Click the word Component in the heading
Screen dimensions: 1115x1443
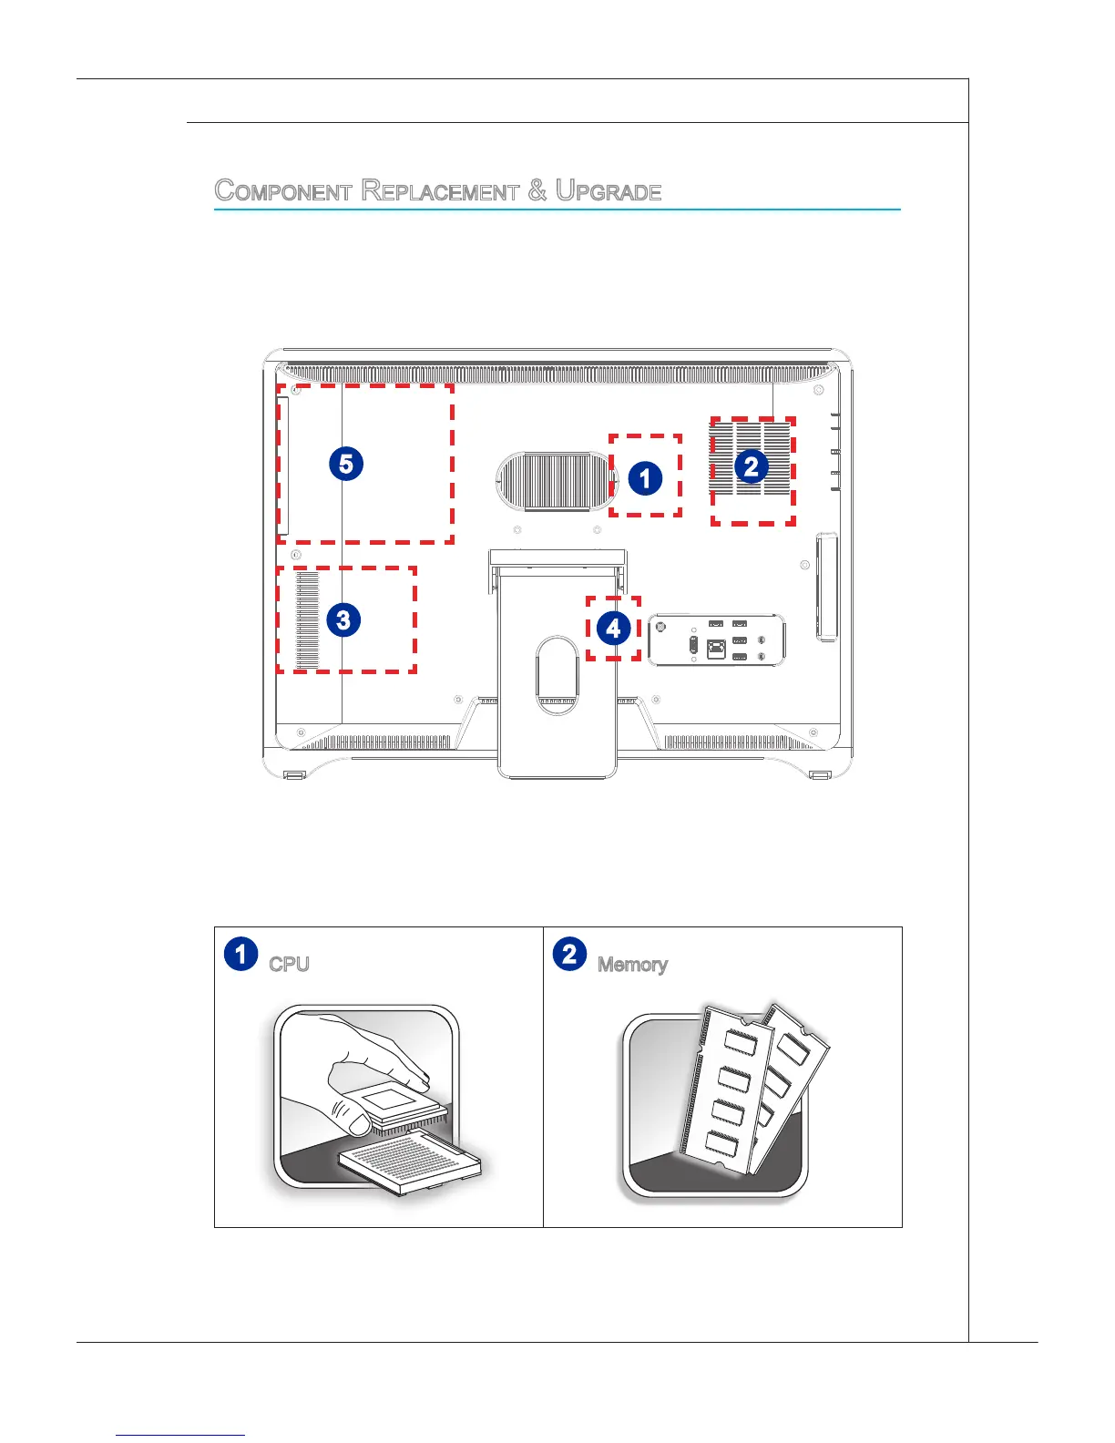click(283, 191)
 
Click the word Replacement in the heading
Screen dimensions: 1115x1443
click(440, 191)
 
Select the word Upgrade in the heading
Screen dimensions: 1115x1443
click(609, 191)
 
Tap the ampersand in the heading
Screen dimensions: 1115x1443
click(537, 190)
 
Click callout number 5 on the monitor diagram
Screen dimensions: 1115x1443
click(346, 464)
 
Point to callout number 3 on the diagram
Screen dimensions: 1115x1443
click(343, 620)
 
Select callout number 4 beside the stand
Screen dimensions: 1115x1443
click(613, 628)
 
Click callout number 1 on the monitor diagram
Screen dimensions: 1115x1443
click(645, 477)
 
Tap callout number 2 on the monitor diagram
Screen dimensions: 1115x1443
click(751, 466)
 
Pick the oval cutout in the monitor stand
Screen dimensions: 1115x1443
click(557, 674)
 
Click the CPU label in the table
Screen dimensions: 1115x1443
click(290, 965)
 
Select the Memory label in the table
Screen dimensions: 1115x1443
click(633, 965)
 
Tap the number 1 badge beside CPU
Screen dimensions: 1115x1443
click(240, 954)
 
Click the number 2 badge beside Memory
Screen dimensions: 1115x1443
click(569, 954)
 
